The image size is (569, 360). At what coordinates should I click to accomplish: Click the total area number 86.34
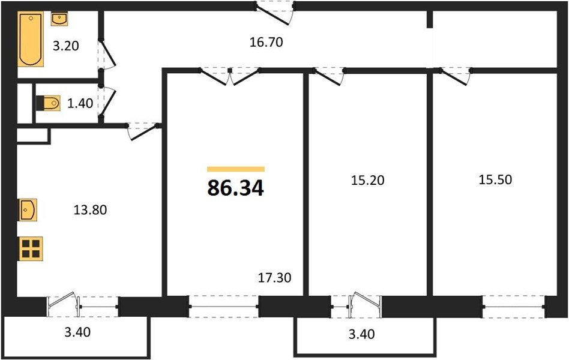pyautogui.click(x=235, y=188)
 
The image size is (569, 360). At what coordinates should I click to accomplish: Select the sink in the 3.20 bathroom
pyautogui.click(x=60, y=20)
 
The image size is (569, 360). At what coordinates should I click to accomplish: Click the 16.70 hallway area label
pyautogui.click(x=265, y=42)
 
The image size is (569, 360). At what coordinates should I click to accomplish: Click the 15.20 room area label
pyautogui.click(x=365, y=179)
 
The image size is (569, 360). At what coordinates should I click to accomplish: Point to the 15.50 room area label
pyautogui.click(x=495, y=179)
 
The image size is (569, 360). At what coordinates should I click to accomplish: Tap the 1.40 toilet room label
pyautogui.click(x=80, y=103)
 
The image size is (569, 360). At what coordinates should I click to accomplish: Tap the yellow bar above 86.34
pyautogui.click(x=235, y=169)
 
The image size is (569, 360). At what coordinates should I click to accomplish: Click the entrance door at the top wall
pyautogui.click(x=275, y=8)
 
